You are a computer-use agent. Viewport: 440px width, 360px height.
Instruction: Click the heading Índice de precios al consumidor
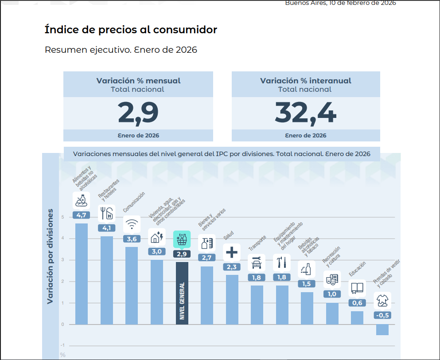pos(131,30)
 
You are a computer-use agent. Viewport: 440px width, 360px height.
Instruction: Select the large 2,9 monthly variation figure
pos(138,113)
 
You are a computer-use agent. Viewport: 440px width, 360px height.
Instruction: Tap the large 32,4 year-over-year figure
pos(305,113)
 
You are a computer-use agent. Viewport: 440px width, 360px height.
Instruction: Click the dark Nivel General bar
pos(182,293)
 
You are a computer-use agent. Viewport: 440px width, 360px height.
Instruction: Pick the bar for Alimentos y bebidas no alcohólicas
pos(82,274)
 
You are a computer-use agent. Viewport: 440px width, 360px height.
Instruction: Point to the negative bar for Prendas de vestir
pos(382,329)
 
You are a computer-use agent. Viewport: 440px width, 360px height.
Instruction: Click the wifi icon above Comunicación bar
pos(132,224)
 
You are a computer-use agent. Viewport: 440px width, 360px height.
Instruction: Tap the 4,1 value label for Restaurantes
pos(106,228)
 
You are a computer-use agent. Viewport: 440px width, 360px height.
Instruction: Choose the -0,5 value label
pos(382,315)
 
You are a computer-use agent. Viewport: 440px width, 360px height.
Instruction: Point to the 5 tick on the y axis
pos(63,217)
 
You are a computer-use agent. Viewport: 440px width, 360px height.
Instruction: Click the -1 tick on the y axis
pos(62,345)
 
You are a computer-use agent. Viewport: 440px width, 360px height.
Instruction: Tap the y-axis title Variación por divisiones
pos(51,256)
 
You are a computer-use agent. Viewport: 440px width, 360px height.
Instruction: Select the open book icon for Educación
pos(357,288)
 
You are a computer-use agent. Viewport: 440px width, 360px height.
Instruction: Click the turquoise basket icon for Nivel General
pos(182,239)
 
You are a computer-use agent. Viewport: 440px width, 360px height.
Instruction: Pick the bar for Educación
pos(357,317)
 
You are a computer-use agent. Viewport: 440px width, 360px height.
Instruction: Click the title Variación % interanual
pos(305,81)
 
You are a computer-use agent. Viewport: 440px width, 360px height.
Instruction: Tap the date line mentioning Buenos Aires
pos(340,3)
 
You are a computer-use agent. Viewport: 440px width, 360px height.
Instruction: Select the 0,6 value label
pos(357,303)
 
